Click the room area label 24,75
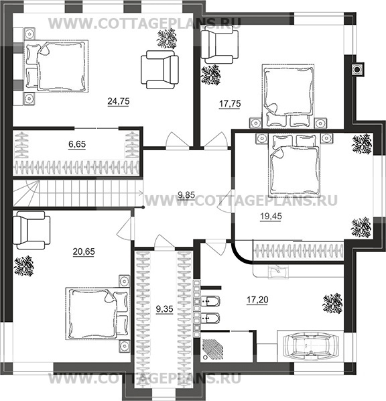pyautogui.click(x=119, y=101)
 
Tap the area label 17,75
pyautogui.click(x=230, y=104)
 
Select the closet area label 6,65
pyautogui.click(x=77, y=144)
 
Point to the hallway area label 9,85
pyautogui.click(x=186, y=195)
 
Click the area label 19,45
pyautogui.click(x=271, y=217)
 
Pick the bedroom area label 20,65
pyautogui.click(x=84, y=251)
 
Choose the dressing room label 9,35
pyautogui.click(x=165, y=309)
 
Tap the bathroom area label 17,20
pyautogui.click(x=257, y=300)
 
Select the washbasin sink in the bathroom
pyautogui.click(x=278, y=272)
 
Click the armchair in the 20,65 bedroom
pyautogui.click(x=31, y=230)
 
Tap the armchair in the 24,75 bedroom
pyautogui.click(x=159, y=70)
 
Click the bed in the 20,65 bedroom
pyautogui.click(x=97, y=313)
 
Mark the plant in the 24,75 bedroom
pyautogui.click(x=167, y=38)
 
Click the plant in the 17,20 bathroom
pyautogui.click(x=332, y=303)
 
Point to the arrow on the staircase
pyautogui.click(x=139, y=192)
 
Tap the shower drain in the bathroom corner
pyautogui.click(x=205, y=357)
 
